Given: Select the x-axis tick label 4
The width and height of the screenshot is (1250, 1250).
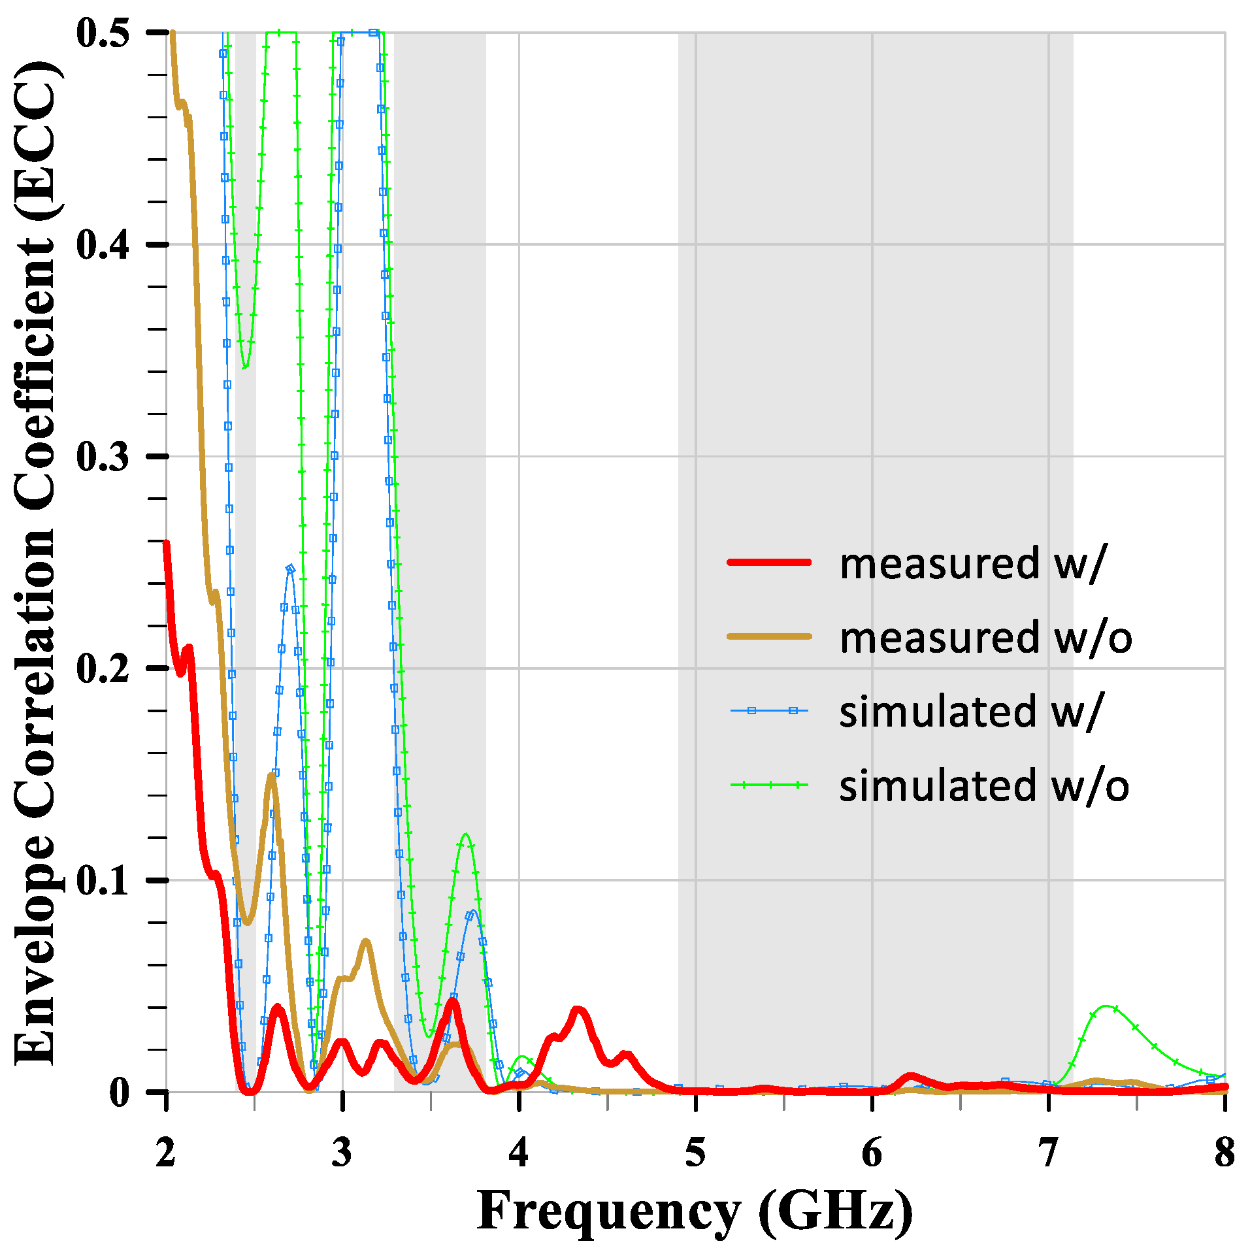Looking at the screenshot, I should pos(519,1153).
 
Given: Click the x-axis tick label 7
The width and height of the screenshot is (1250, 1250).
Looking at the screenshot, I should pos(1048,1153).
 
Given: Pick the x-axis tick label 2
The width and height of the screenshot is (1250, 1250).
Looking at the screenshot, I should pos(166,1153).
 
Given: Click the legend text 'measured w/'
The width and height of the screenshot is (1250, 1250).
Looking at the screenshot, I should pos(971,563).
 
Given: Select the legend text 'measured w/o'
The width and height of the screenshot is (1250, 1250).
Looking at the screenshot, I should pos(985,638).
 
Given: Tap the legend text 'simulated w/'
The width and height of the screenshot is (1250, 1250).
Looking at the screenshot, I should pos(971,712).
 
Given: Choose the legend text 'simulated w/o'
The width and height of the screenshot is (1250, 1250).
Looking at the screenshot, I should pos(984,785).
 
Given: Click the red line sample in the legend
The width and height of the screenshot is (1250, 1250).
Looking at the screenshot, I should pos(770,562).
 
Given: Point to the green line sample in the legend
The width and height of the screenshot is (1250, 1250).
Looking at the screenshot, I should pos(770,785).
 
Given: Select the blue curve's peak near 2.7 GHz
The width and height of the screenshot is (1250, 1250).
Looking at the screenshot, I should pos(290,568).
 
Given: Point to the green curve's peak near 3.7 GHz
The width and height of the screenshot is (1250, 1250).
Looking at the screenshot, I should pos(465,834).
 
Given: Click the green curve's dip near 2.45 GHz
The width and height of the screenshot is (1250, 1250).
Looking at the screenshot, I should pos(245,367).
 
